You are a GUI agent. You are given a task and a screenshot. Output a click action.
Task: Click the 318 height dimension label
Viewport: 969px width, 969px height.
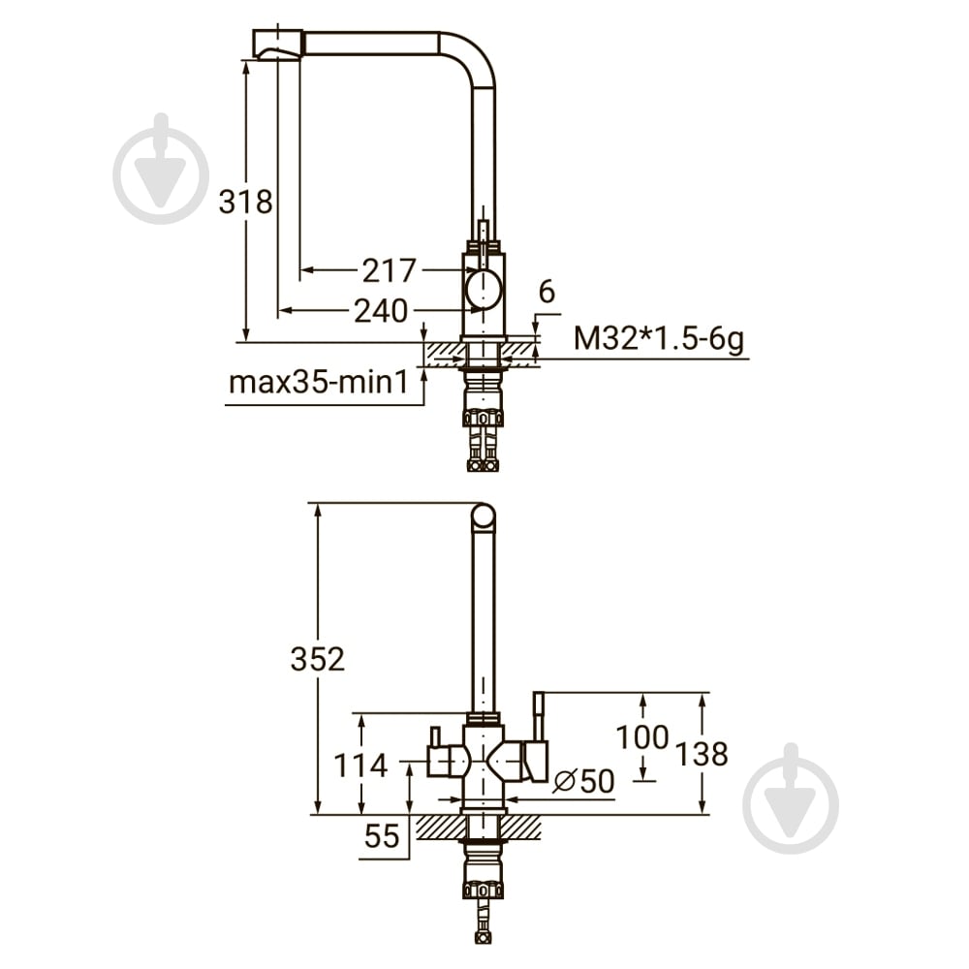click(245, 202)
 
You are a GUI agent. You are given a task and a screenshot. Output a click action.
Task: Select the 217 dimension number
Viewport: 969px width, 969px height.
click(390, 270)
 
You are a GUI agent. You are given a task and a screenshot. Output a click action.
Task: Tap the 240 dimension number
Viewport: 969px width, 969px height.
click(381, 310)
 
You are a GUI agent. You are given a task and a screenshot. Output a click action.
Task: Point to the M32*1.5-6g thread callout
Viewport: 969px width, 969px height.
click(659, 338)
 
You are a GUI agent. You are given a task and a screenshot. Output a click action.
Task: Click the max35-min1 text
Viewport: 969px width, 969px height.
click(319, 383)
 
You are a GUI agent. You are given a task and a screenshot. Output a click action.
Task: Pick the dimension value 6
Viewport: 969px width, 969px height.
click(547, 292)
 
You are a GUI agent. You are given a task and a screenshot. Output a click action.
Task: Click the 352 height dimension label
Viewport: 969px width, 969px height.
click(318, 659)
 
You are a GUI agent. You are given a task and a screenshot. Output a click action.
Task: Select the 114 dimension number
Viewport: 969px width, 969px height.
click(360, 766)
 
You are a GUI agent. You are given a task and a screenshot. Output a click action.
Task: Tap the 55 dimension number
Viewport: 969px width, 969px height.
click(382, 836)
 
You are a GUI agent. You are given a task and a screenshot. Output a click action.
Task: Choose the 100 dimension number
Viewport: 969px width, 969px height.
click(642, 736)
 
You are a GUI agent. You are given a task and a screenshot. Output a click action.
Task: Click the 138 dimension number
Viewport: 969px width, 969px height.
click(702, 754)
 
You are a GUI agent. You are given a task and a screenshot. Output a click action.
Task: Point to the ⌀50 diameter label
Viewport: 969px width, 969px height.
click(584, 781)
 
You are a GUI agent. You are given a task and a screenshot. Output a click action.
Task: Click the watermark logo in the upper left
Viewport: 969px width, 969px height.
click(161, 169)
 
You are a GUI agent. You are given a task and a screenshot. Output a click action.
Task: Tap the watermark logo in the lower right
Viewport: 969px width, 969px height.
click(791, 798)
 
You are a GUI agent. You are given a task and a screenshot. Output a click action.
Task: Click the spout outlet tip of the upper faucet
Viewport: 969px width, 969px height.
click(277, 44)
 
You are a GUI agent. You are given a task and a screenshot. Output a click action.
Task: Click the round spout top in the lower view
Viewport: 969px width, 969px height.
click(484, 516)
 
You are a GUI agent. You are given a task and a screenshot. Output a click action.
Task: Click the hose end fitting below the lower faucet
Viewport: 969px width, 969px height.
click(484, 936)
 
